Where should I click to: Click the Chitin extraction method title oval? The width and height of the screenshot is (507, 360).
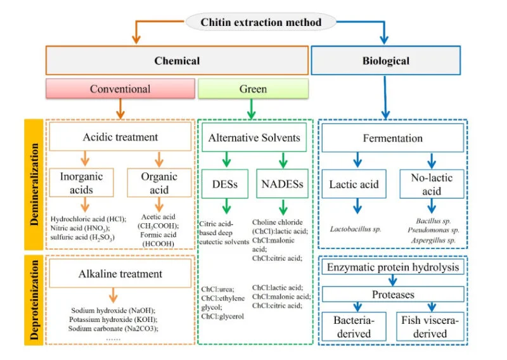[x=260, y=22]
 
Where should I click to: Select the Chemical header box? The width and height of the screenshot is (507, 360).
[x=177, y=60]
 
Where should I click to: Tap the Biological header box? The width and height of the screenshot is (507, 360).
[x=386, y=60]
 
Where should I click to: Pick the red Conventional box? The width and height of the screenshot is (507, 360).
[x=120, y=89]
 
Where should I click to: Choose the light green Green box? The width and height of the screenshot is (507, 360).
[x=253, y=89]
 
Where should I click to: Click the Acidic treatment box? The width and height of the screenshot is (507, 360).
[x=120, y=136]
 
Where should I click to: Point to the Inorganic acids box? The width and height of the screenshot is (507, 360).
[x=82, y=183]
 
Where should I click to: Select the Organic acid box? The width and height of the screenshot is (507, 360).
[x=159, y=183]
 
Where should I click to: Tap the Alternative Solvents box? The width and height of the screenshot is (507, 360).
[x=254, y=138]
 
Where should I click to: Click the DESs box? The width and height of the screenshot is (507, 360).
[x=225, y=184]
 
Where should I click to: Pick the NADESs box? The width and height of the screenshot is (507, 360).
[x=282, y=184]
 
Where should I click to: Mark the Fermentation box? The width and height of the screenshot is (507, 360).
[x=392, y=138]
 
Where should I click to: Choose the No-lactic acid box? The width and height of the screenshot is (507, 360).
[x=432, y=184]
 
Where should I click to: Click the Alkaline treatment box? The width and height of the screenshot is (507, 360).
[x=120, y=274]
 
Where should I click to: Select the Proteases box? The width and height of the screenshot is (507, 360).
[x=393, y=294]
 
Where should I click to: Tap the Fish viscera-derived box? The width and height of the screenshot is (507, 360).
[x=430, y=326]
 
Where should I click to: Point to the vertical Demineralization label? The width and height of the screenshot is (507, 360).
[x=34, y=184]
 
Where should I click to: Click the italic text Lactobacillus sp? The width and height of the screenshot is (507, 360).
[x=356, y=229]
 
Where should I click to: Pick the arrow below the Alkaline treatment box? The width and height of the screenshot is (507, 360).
[x=113, y=295]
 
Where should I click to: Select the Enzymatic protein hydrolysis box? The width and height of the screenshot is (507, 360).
[x=393, y=267]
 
